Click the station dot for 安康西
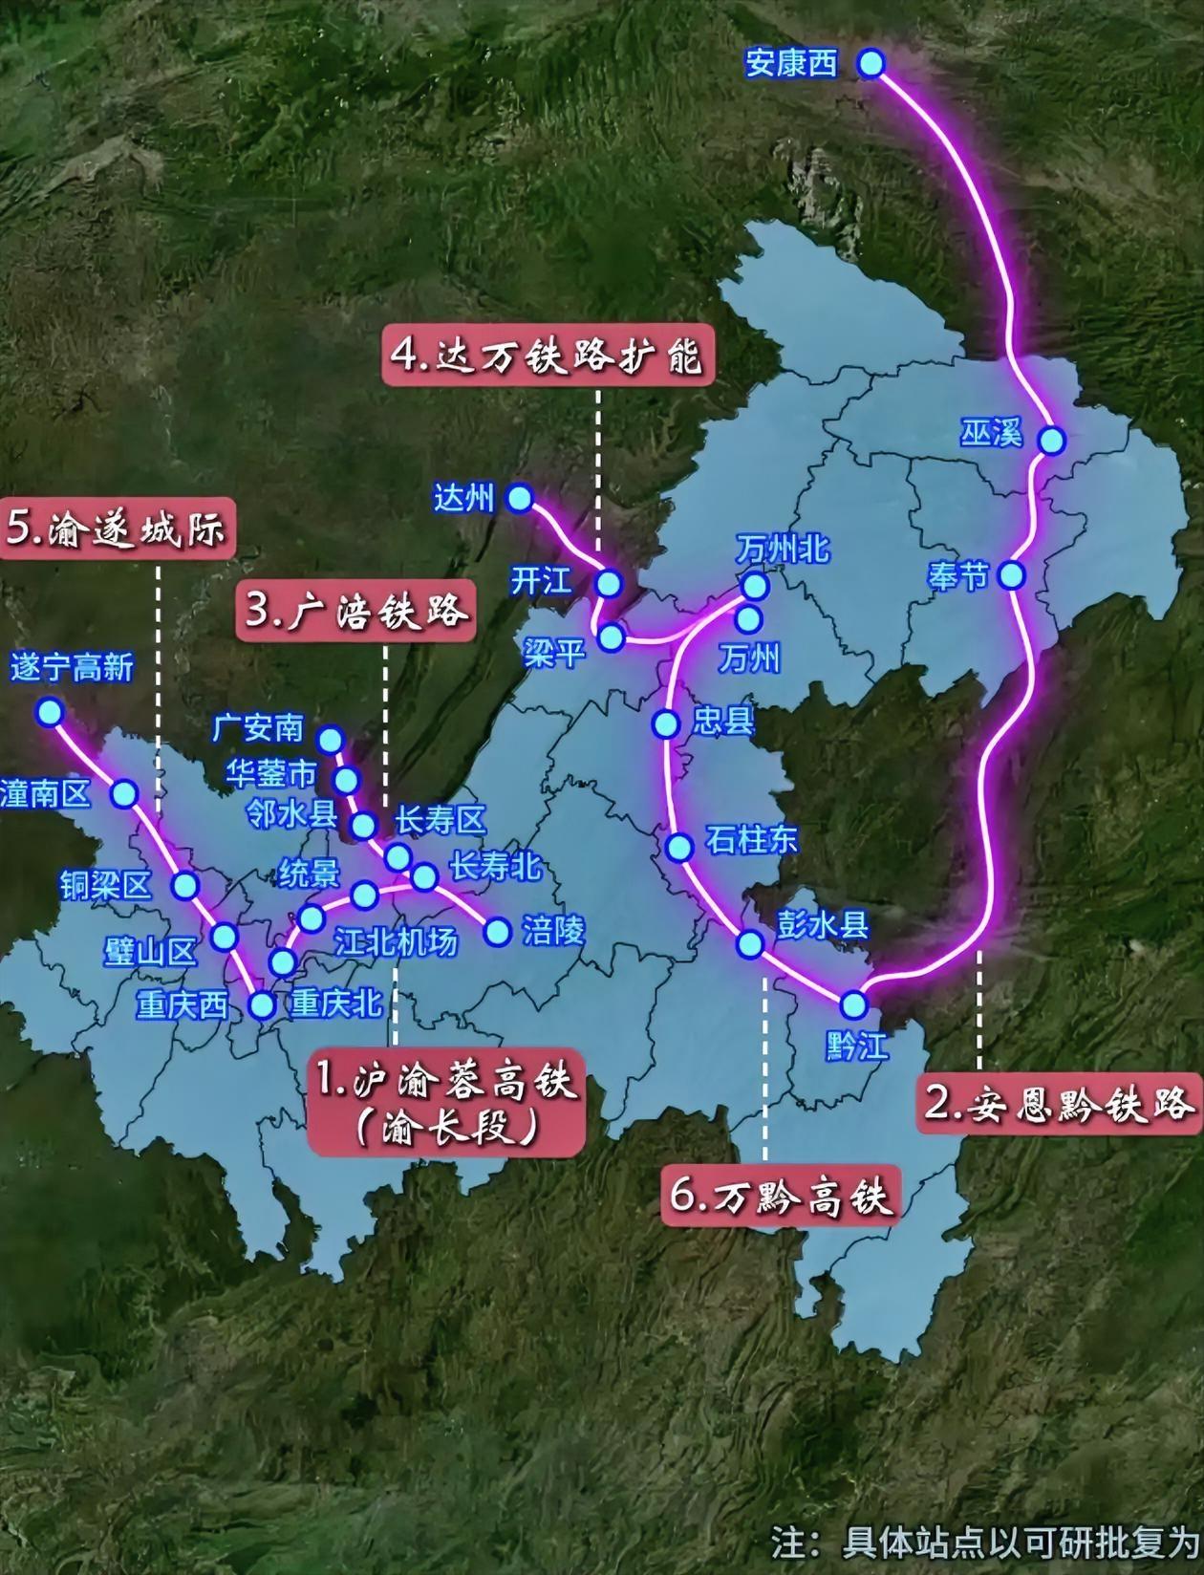[x=871, y=64]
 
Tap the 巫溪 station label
[x=991, y=434]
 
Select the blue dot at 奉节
[x=1011, y=575]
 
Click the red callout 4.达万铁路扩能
[x=548, y=355]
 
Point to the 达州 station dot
[x=520, y=498]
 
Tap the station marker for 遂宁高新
[x=49, y=712]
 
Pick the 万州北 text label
[x=783, y=550]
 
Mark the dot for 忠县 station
[x=666, y=724]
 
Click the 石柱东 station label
[x=751, y=840]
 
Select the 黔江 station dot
[x=853, y=1004]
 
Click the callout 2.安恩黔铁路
[x=1059, y=1104]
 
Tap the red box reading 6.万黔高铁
[x=781, y=1196]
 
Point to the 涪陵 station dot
[x=497, y=932]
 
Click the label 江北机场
[x=396, y=942]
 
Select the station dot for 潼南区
[x=124, y=793]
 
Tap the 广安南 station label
[x=257, y=728]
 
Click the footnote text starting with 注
[x=984, y=1542]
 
